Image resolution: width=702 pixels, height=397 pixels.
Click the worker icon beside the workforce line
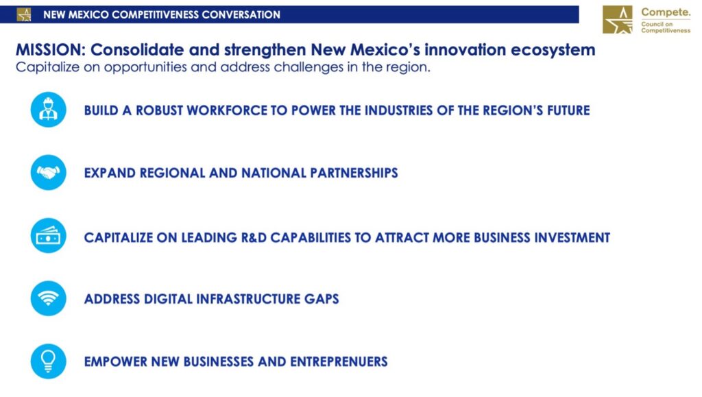pyautogui.click(x=49, y=110)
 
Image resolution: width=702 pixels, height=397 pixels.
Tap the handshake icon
pyautogui.click(x=49, y=172)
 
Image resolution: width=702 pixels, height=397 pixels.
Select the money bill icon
pyautogui.click(x=49, y=235)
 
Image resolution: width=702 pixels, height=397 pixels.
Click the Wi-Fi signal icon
pyautogui.click(x=49, y=298)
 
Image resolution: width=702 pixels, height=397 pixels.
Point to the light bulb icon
pyautogui.click(x=49, y=361)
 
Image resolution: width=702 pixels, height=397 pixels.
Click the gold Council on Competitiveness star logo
pyautogui.click(x=618, y=19)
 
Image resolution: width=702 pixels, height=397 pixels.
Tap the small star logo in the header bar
pyautogui.click(x=24, y=15)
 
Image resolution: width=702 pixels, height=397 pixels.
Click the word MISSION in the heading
pyautogui.click(x=50, y=49)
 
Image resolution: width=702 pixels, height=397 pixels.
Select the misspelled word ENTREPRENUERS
pyautogui.click(x=339, y=361)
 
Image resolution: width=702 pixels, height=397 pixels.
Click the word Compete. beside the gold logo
pyautogui.click(x=666, y=12)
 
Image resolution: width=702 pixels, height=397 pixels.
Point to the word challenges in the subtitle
pyautogui.click(x=308, y=68)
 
